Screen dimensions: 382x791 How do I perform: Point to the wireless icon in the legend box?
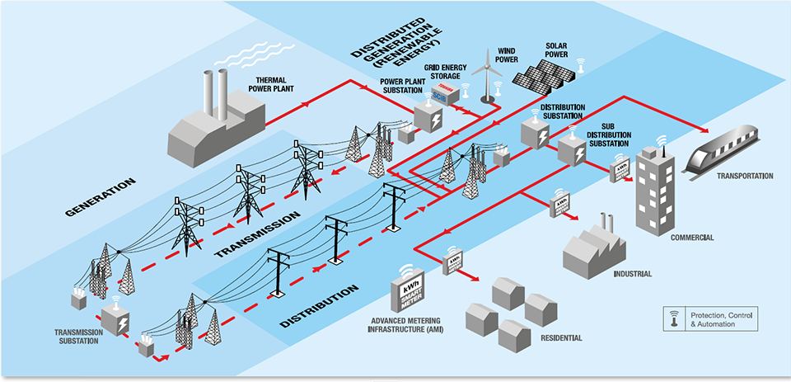tap(676, 318)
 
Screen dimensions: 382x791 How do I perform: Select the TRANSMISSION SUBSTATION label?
tap(82, 337)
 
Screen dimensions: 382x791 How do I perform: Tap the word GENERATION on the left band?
tap(101, 198)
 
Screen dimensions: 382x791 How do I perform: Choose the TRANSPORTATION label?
tap(745, 176)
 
